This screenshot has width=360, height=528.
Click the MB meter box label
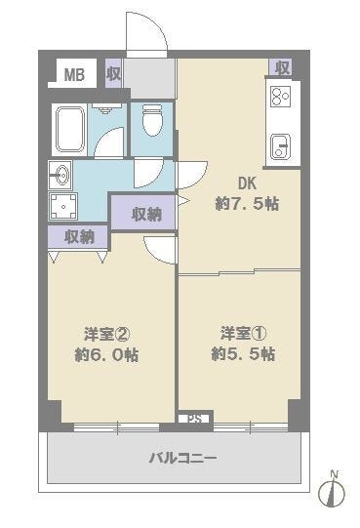click(x=74, y=74)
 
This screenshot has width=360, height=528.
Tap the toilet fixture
click(x=152, y=120)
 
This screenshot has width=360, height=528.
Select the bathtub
click(x=70, y=130)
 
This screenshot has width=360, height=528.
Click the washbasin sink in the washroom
click(x=60, y=175)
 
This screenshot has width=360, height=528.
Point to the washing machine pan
click(x=63, y=206)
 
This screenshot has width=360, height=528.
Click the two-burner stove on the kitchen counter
click(x=281, y=97)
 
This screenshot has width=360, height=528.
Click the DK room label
click(x=247, y=183)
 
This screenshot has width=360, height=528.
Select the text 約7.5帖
click(x=247, y=203)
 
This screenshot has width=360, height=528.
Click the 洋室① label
click(x=244, y=334)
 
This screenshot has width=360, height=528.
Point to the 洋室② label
click(x=106, y=335)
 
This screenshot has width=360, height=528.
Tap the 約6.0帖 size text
click(x=106, y=355)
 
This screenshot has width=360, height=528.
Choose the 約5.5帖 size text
click(x=244, y=354)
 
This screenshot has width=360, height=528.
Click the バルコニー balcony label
click(x=182, y=458)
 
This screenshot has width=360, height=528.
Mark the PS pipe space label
click(x=195, y=419)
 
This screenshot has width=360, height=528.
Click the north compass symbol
click(x=332, y=491)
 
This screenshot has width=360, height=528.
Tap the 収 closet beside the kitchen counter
click(x=281, y=68)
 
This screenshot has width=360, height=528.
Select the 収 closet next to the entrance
click(x=114, y=73)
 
